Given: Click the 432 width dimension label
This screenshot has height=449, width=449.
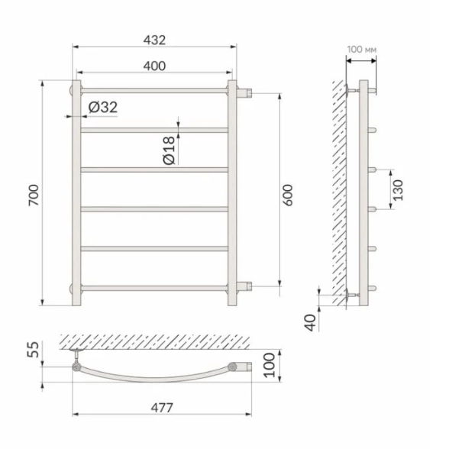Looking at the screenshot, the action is [x=154, y=40].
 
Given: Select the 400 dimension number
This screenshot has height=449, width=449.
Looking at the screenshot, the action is [x=154, y=66].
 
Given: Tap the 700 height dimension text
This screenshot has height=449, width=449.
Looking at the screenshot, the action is [x=34, y=195].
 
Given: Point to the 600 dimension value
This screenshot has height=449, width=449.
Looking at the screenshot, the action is [x=288, y=195].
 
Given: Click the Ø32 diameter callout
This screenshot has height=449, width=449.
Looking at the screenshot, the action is [x=103, y=108].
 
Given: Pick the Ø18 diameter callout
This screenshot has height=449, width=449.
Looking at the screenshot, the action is [x=169, y=150].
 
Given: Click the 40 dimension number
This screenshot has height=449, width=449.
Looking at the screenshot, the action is [x=311, y=323].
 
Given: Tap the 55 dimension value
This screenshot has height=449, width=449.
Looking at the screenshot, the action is [x=34, y=350].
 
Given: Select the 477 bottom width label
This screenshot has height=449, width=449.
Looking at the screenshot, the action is [x=162, y=408].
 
